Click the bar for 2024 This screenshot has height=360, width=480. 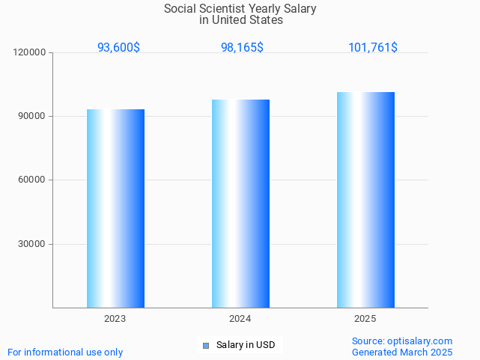[240, 204]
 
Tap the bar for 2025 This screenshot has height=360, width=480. [365, 200]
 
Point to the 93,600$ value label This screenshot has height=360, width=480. [118, 47]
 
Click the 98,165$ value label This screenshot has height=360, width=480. [242, 47]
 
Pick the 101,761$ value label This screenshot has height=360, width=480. [373, 47]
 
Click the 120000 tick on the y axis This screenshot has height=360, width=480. [30, 52]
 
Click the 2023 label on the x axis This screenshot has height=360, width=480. [115, 319]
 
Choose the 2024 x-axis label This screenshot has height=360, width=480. [240, 319]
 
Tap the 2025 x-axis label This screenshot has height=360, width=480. [365, 319]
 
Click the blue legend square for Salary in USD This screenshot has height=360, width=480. [206, 345]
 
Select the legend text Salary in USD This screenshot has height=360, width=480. [246, 345]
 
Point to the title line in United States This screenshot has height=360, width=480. [241, 20]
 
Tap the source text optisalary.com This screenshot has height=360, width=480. [419, 341]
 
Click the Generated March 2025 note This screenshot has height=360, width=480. [402, 352]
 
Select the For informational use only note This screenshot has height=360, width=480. [65, 352]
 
